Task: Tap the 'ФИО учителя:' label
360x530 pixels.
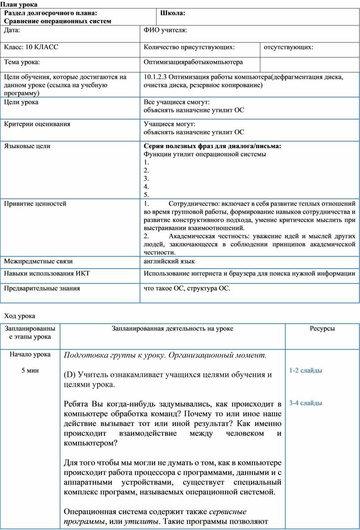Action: [x=165, y=30]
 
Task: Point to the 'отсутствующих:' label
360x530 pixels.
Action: [x=289, y=47]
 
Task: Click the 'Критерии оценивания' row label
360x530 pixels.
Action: [x=37, y=124]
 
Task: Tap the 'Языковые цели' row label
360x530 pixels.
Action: [x=27, y=146]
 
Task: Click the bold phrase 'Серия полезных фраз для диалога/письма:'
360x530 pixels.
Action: [x=212, y=146]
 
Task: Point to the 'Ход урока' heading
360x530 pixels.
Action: [x=19, y=316]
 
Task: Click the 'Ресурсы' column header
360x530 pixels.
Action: [x=322, y=328]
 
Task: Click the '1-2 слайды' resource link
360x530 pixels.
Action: [x=305, y=370]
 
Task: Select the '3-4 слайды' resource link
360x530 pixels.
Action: [x=305, y=403]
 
